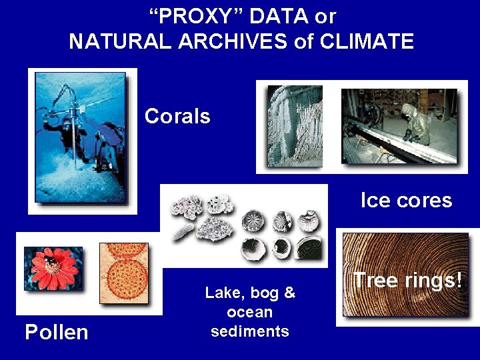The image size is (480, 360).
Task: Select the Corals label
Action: pyautogui.click(x=177, y=117)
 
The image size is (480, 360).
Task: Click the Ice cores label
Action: pyautogui.click(x=406, y=200)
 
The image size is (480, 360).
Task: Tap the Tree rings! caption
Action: pyautogui.click(x=407, y=280)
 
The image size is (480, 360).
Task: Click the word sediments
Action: pyautogui.click(x=250, y=331)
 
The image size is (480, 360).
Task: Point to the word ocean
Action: pyautogui.click(x=250, y=312)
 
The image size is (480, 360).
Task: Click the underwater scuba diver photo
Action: pyautogui.click(x=81, y=140)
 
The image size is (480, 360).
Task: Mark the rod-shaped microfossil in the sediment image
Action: pyautogui.click(x=181, y=231)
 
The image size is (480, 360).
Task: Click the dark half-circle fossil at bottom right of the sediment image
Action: pyautogui.click(x=308, y=248)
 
